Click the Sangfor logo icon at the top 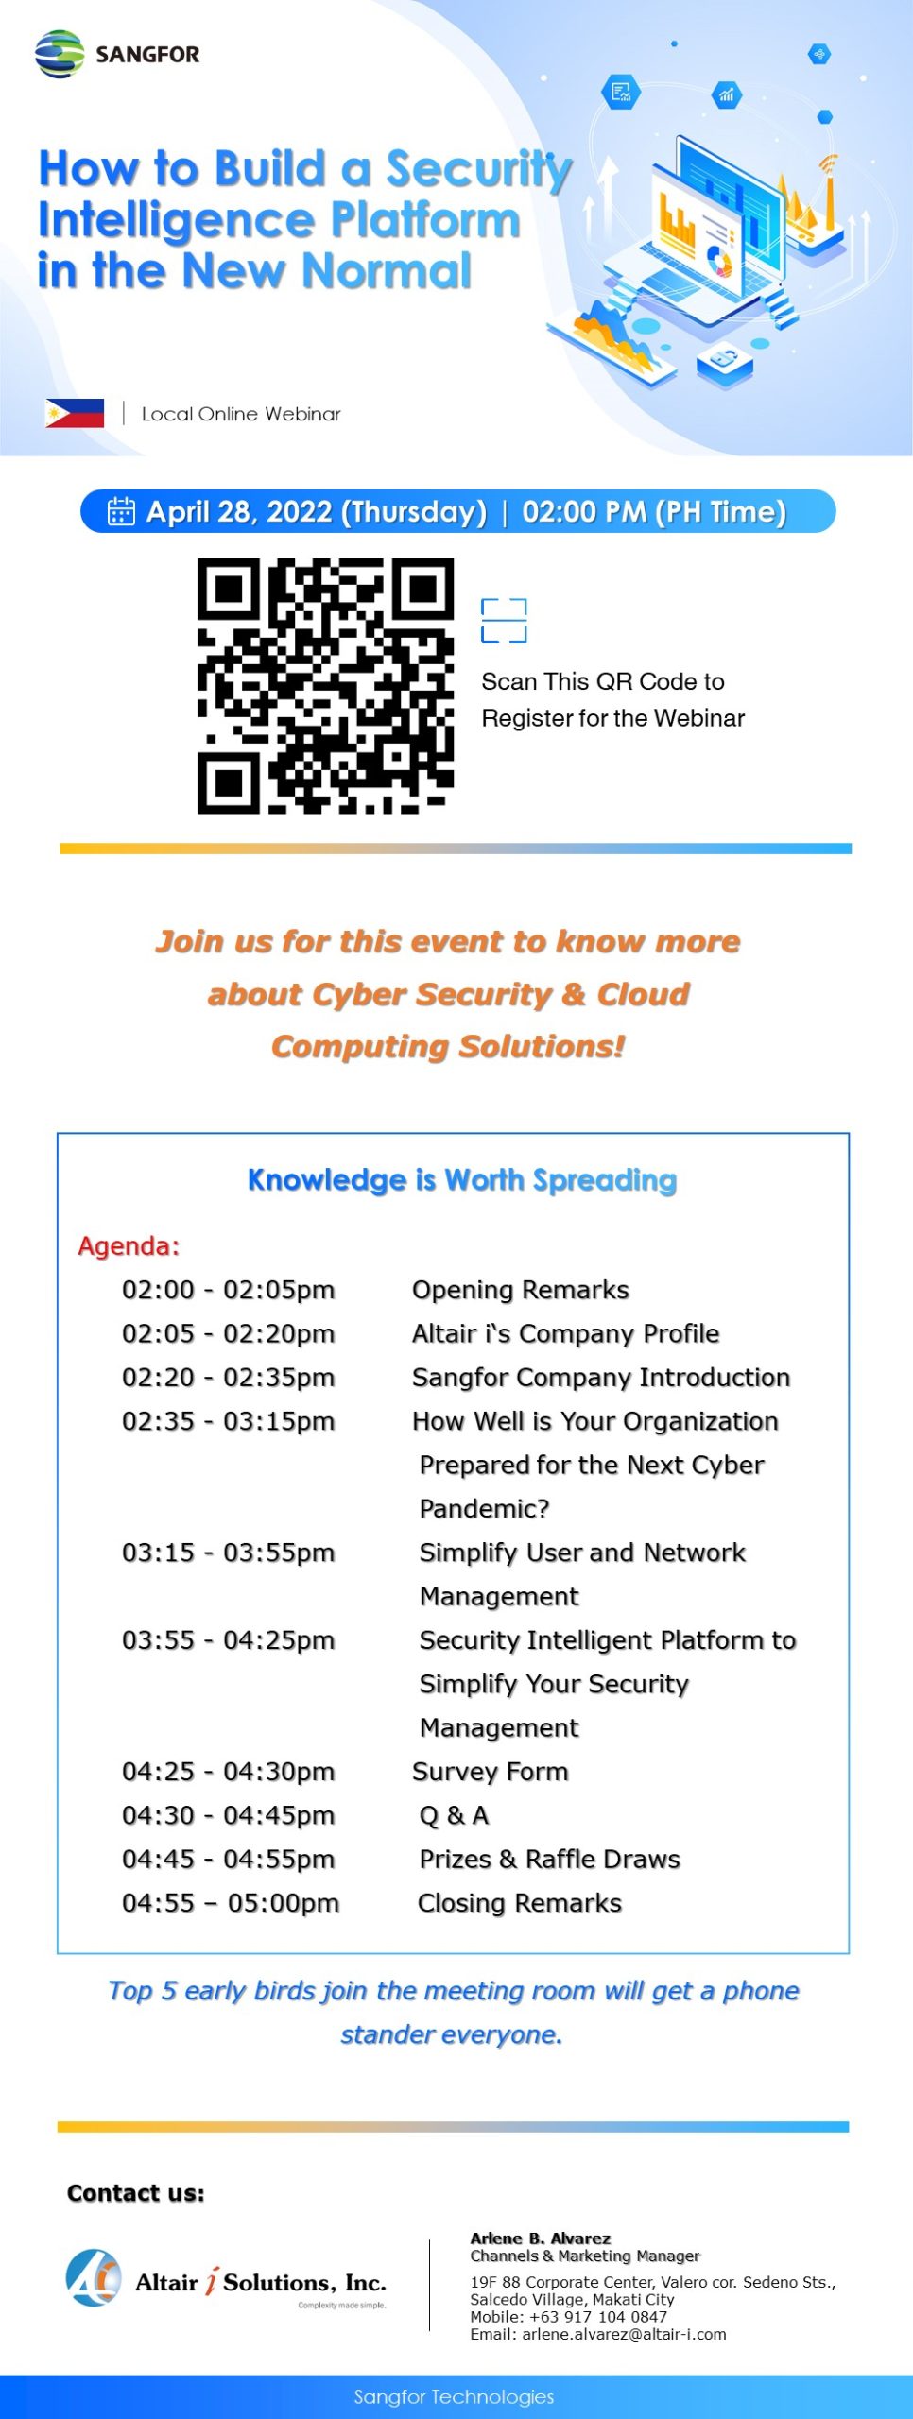pos(60,54)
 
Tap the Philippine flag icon pos(75,413)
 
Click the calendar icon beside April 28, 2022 pos(121,511)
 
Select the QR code pos(325,685)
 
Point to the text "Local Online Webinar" pos(241,414)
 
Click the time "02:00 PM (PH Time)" pos(654,511)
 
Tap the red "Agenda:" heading pos(129,1245)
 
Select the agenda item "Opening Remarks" pos(521,1290)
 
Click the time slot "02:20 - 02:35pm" pos(228,1377)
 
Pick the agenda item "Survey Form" pos(491,1771)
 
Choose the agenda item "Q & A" pos(454,1814)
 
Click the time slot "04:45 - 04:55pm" pos(228,1859)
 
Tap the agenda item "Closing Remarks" pos(520,1902)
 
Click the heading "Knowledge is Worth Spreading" pos(462,1179)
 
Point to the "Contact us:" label pos(135,2193)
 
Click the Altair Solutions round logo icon pos(93,2277)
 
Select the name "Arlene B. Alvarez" pos(541,2238)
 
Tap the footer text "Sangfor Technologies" pos(454,2396)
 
